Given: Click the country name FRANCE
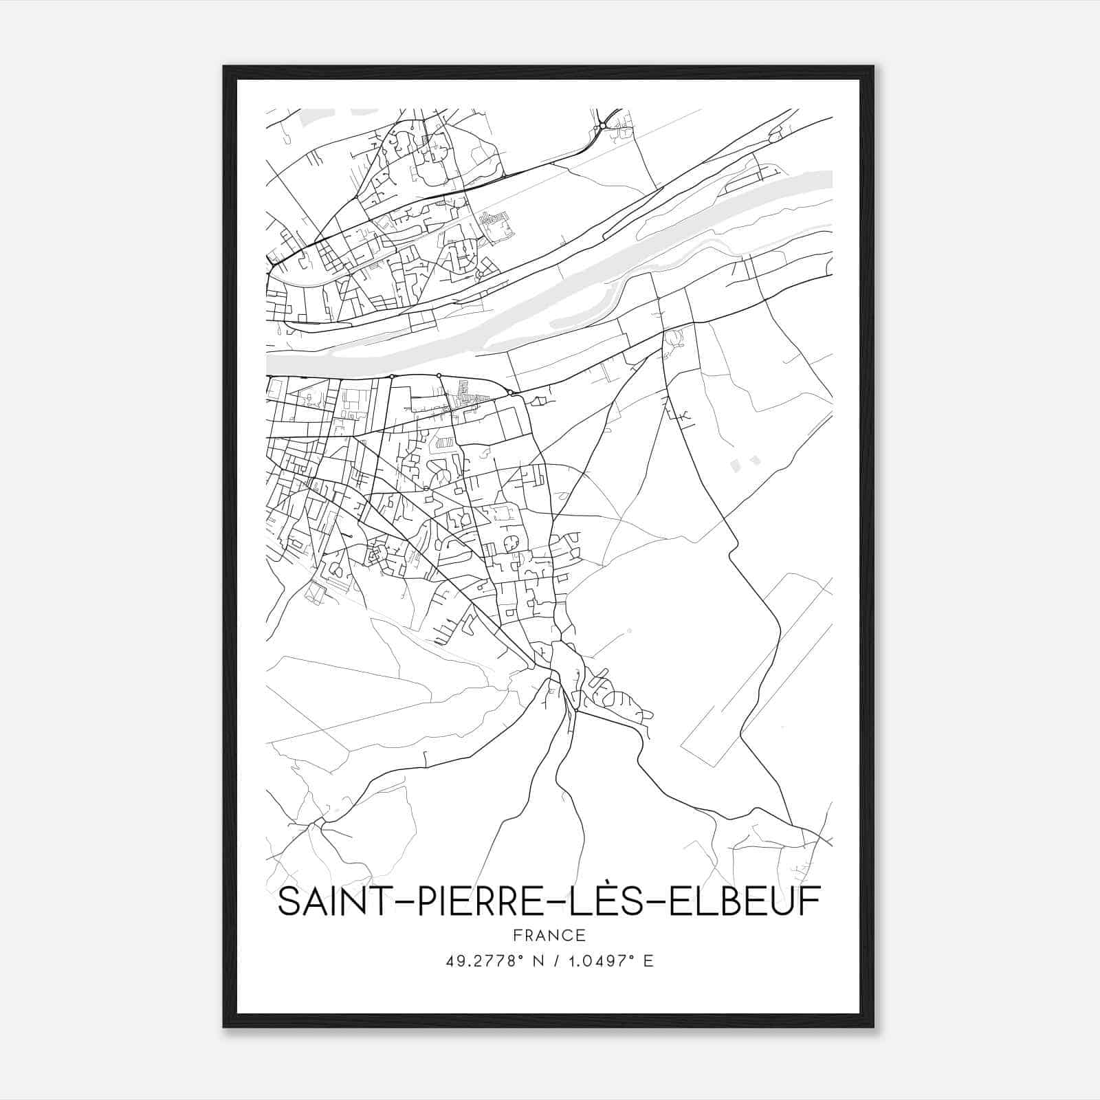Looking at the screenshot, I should point(549,935).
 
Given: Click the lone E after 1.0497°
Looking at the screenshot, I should point(648,960).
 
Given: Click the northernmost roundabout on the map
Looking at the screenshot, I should point(602,125).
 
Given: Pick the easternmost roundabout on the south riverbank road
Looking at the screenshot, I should point(510,393).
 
